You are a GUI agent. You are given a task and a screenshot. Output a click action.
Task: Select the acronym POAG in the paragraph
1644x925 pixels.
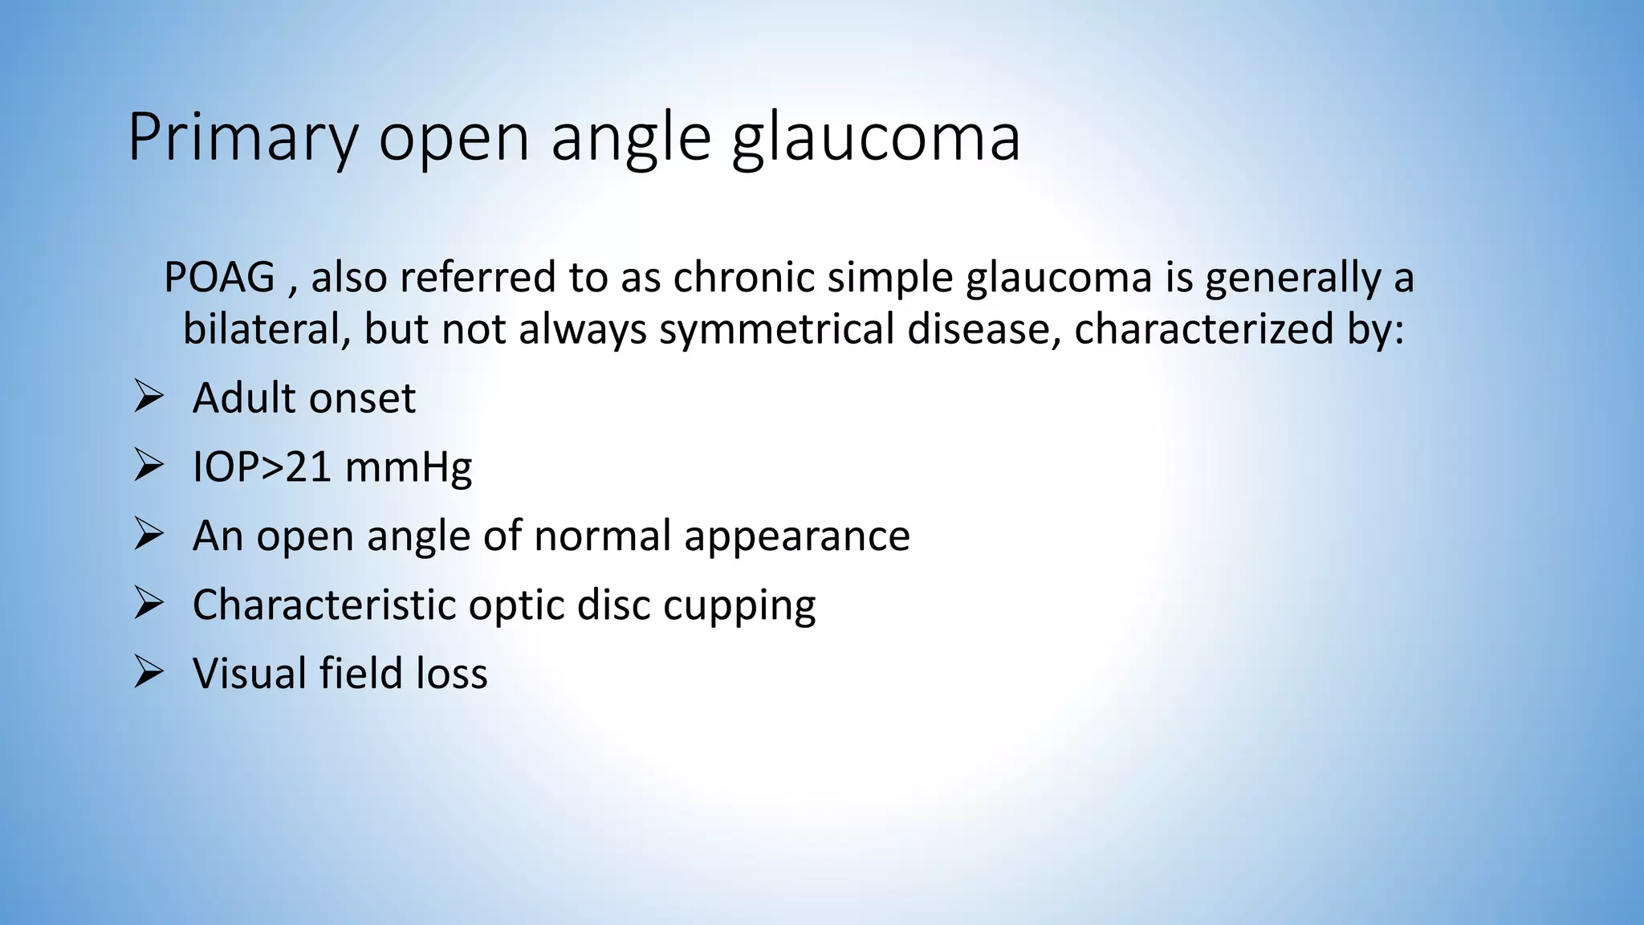click(219, 278)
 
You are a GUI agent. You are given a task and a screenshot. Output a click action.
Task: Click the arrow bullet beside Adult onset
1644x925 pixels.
click(149, 397)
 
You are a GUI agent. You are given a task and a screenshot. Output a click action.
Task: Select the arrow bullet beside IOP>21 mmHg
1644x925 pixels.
click(149, 466)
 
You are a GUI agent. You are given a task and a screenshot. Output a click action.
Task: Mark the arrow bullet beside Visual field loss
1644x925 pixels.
click(149, 672)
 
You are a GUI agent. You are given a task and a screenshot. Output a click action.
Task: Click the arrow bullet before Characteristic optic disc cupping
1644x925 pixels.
click(149, 603)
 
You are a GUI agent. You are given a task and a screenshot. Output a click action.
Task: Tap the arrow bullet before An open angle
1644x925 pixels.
click(149, 535)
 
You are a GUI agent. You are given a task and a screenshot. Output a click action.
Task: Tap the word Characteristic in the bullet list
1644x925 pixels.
click(324, 605)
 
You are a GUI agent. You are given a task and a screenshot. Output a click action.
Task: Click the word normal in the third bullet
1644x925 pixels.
click(602, 536)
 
